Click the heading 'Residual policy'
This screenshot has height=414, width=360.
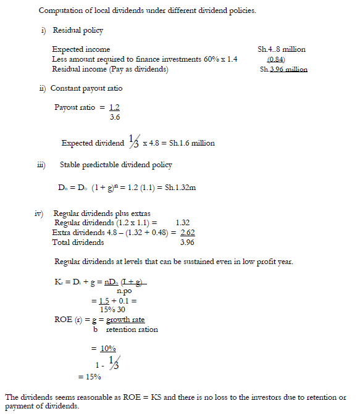[78, 30]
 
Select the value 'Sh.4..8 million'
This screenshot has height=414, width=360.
[282, 49]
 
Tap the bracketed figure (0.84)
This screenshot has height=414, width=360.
[275, 59]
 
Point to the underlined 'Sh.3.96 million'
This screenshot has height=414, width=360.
[283, 70]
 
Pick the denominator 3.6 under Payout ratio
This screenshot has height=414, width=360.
[114, 117]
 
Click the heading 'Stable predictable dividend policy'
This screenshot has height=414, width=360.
[115, 165]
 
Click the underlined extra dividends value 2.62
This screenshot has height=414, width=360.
[188, 232]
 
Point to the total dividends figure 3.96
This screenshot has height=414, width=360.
[188, 242]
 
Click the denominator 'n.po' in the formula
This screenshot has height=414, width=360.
[124, 290]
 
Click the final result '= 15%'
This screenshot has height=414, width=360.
[89, 376]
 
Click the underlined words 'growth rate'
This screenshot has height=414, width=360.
[125, 320]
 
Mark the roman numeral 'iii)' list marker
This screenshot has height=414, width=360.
[41, 165]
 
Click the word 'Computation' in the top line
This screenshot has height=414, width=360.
[60, 10]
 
